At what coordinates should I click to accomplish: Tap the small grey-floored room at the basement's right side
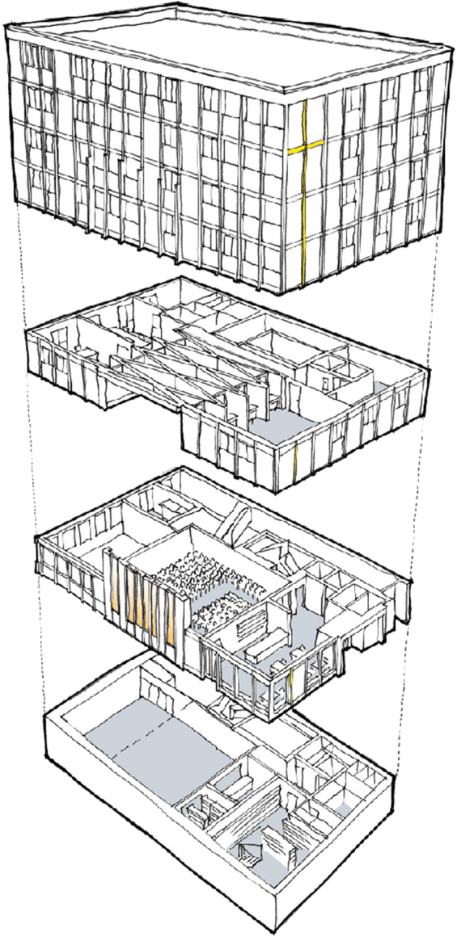pos(344,808)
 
